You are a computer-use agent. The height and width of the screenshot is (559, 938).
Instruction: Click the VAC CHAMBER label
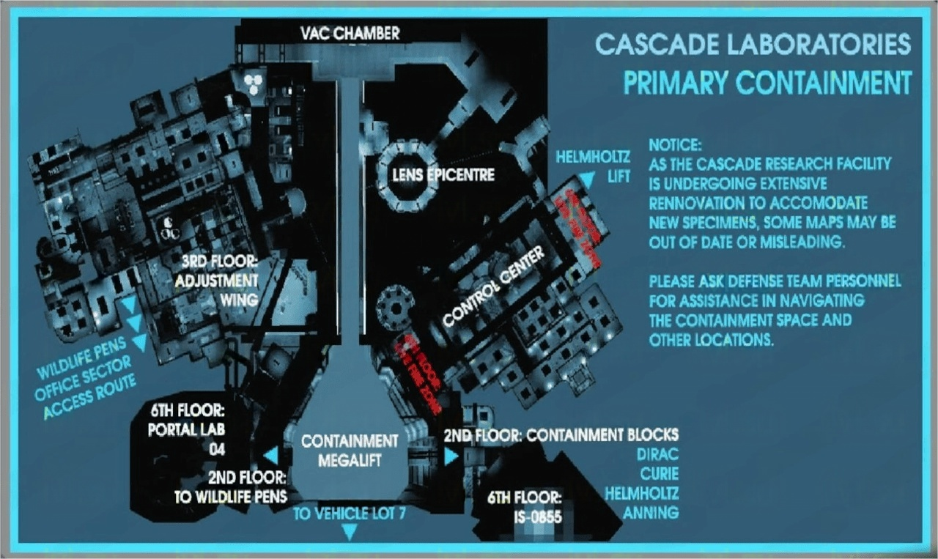[x=350, y=33]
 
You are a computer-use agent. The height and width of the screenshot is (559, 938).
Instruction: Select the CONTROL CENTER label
[x=494, y=286]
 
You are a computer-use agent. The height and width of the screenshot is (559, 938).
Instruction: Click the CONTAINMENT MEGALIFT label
[x=350, y=450]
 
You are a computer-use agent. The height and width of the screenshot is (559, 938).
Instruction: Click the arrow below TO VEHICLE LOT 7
[x=350, y=534]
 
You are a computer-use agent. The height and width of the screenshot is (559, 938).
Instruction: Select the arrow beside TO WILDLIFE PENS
[x=270, y=456]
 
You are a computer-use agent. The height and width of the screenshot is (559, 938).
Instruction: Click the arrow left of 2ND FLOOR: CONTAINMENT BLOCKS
[x=450, y=456]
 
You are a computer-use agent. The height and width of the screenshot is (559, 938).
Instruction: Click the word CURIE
[x=658, y=474]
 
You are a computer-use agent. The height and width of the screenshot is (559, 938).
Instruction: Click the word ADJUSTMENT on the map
[x=216, y=281]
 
